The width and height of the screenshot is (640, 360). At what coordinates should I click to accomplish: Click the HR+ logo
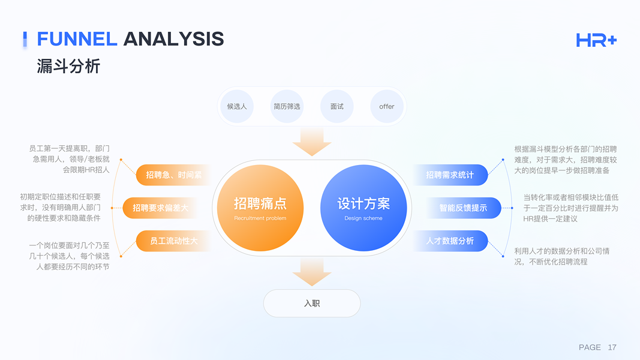pyautogui.click(x=596, y=40)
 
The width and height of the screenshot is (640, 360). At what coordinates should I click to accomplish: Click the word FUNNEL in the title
pyautogui.click(x=77, y=39)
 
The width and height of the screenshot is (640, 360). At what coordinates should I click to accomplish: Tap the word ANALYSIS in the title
pyautogui.click(x=173, y=39)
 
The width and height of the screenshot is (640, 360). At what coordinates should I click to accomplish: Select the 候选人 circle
pyautogui.click(x=237, y=107)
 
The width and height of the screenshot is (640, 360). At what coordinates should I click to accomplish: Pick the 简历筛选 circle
pyautogui.click(x=287, y=107)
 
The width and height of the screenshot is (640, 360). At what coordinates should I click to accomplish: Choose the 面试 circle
pyautogui.click(x=336, y=107)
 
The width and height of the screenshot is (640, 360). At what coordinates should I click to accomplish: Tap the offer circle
pyautogui.click(x=386, y=107)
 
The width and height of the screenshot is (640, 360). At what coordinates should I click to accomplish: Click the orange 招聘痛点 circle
pyautogui.click(x=260, y=208)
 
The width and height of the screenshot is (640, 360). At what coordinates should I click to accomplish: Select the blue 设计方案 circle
pyautogui.click(x=363, y=208)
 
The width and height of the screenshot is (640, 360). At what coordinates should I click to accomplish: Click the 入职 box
pyautogui.click(x=312, y=303)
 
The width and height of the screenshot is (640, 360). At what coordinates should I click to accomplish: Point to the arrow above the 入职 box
pyautogui.click(x=312, y=272)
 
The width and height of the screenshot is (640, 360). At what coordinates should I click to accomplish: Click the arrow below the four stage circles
pyautogui.click(x=312, y=142)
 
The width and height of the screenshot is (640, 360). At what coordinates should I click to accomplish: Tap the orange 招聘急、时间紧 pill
pyautogui.click(x=173, y=175)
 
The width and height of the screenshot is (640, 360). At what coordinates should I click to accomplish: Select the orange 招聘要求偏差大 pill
pyautogui.click(x=160, y=208)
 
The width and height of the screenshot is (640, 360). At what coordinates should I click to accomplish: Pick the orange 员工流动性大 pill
pyautogui.click(x=173, y=241)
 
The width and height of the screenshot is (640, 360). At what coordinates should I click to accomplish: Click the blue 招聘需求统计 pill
pyautogui.click(x=450, y=175)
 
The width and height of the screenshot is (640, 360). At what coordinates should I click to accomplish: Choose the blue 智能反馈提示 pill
pyautogui.click(x=463, y=208)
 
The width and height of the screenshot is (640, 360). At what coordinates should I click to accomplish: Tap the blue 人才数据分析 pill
pyautogui.click(x=450, y=241)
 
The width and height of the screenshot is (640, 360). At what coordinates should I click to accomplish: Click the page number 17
pyautogui.click(x=612, y=347)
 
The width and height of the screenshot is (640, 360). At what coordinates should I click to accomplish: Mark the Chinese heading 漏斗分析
pyautogui.click(x=68, y=66)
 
